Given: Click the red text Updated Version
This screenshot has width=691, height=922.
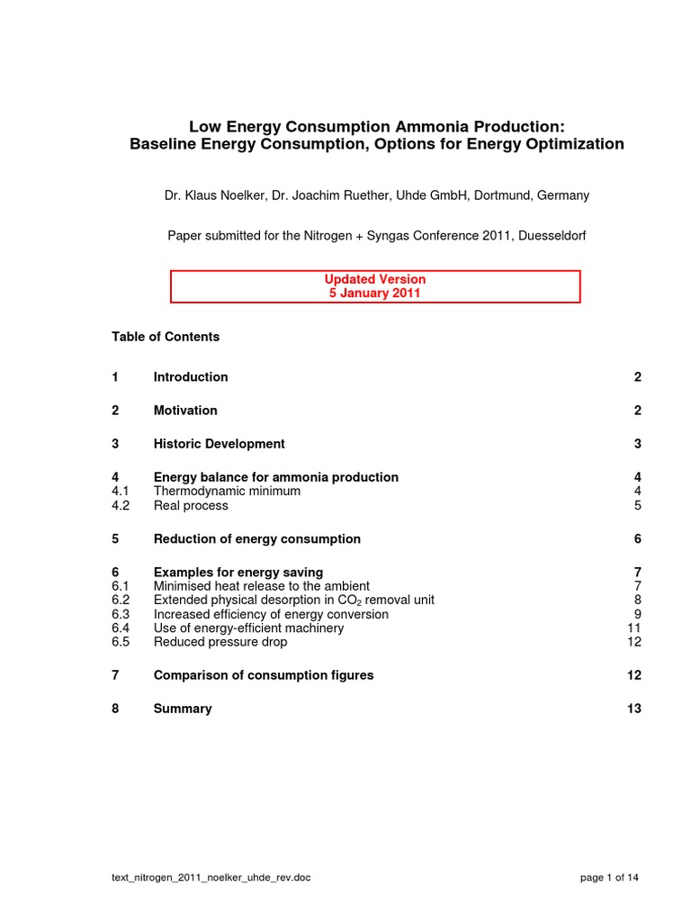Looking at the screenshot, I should (x=375, y=279).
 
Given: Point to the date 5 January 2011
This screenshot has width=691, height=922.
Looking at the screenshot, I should (x=375, y=294).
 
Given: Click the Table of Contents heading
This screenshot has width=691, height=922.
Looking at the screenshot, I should (x=166, y=337).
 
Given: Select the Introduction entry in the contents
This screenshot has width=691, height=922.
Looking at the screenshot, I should (x=191, y=377).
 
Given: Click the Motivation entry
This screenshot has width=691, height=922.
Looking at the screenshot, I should (x=185, y=411).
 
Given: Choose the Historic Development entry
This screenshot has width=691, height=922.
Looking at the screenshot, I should (x=219, y=444).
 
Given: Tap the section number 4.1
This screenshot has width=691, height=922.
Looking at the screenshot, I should (x=121, y=492).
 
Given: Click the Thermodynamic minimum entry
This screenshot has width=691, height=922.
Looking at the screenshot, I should (x=227, y=492).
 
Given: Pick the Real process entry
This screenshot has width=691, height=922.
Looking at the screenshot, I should (x=191, y=506).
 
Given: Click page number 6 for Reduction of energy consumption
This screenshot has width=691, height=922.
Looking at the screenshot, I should (x=637, y=539).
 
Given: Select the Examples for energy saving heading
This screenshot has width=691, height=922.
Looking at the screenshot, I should (x=238, y=573).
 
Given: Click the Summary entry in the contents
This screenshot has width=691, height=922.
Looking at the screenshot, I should (x=183, y=709).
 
